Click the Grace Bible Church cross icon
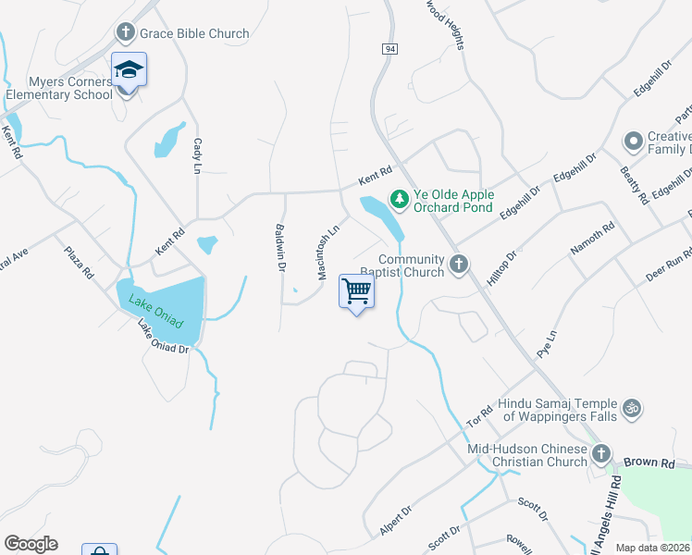coord(126,33)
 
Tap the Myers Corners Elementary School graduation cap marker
coord(129,69)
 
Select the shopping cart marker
coord(356,290)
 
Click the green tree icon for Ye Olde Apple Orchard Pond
coord(399,198)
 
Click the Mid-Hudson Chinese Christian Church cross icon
coord(601,453)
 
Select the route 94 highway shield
coord(388,48)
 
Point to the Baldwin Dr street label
coord(279,247)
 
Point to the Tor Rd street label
coord(480,415)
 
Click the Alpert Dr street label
coord(395,521)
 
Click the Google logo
coord(31,544)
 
